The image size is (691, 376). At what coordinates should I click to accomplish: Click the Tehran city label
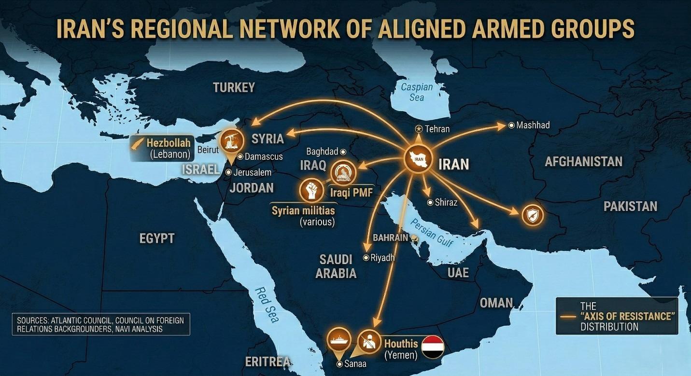437,129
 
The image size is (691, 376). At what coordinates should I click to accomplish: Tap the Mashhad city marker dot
511,125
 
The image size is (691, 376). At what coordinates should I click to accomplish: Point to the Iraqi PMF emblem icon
343,172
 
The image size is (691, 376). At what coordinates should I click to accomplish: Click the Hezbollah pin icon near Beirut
231,141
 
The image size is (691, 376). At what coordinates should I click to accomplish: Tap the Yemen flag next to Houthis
432,347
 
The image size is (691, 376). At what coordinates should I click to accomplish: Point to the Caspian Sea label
417,92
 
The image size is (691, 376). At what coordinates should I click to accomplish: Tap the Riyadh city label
382,258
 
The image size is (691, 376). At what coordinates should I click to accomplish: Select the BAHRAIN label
391,238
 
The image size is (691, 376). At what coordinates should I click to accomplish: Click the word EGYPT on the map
156,238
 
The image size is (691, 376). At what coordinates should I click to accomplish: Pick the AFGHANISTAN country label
583,161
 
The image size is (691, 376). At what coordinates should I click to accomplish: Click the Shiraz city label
446,202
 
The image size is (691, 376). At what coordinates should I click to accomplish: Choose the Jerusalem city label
252,172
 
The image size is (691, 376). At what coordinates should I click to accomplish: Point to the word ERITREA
268,362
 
